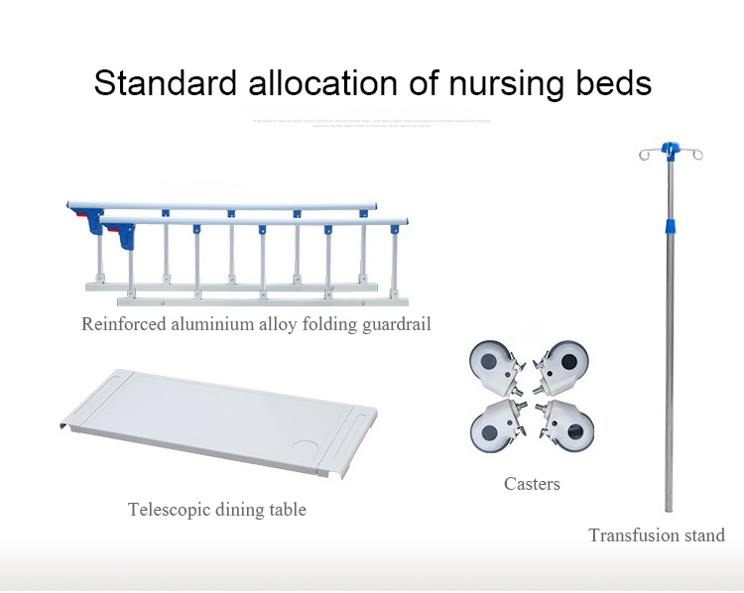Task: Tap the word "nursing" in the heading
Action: [x=498, y=83]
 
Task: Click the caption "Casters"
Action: [x=532, y=484]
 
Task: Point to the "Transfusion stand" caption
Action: [x=657, y=535]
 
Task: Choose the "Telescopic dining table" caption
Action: [x=217, y=510]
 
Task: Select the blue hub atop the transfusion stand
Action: [x=672, y=149]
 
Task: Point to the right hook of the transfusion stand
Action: [x=697, y=153]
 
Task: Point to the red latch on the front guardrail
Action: [x=126, y=236]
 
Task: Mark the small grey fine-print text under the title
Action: [x=372, y=122]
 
